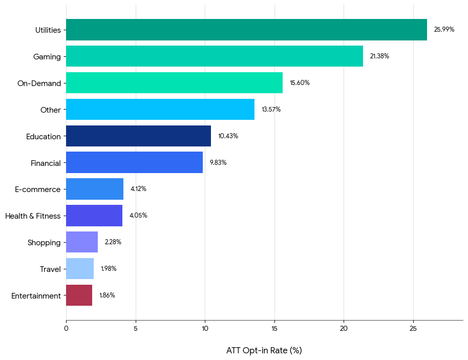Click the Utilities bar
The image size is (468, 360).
pyautogui.click(x=246, y=30)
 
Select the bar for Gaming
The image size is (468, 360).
pyautogui.click(x=215, y=56)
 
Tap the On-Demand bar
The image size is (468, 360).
pyautogui.click(x=174, y=83)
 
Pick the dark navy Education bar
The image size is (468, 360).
pyautogui.click(x=138, y=136)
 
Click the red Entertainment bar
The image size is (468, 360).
pyautogui.click(x=79, y=295)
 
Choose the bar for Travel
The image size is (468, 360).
pyautogui.click(x=80, y=269)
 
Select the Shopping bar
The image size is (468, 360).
pyautogui.click(x=82, y=242)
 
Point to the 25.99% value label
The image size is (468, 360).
pyautogui.click(x=444, y=30)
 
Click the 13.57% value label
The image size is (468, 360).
pyautogui.click(x=271, y=110)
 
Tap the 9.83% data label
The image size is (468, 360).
pyautogui.click(x=218, y=163)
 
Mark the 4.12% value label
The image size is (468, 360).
pyautogui.click(x=138, y=189)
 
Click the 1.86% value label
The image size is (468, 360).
pyautogui.click(x=107, y=295)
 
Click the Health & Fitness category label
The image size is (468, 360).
pyautogui.click(x=33, y=216)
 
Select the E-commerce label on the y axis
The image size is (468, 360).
pyautogui.click(x=37, y=189)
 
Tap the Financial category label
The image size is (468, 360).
pyautogui.click(x=46, y=163)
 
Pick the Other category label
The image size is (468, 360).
pyautogui.click(x=50, y=110)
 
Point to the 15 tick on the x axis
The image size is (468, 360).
pyautogui.click(x=274, y=328)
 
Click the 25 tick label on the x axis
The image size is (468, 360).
pyautogui.click(x=413, y=328)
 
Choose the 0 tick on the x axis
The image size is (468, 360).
pyautogui.click(x=66, y=328)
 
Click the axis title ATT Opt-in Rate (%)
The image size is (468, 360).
pyautogui.click(x=264, y=351)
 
